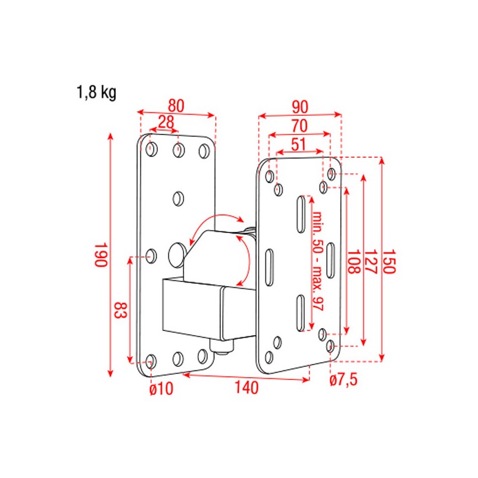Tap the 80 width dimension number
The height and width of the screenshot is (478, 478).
[176, 105]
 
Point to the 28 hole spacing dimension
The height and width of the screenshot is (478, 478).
[166, 122]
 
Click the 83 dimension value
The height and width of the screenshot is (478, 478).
[120, 311]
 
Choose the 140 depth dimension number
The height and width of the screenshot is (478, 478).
[246, 388]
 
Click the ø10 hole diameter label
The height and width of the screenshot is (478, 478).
[161, 390]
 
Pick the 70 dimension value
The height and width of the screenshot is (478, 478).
[299, 125]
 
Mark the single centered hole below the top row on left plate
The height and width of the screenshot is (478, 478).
[178, 198]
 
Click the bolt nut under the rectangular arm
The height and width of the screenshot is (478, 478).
[223, 347]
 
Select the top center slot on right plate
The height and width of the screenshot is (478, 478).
[298, 213]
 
